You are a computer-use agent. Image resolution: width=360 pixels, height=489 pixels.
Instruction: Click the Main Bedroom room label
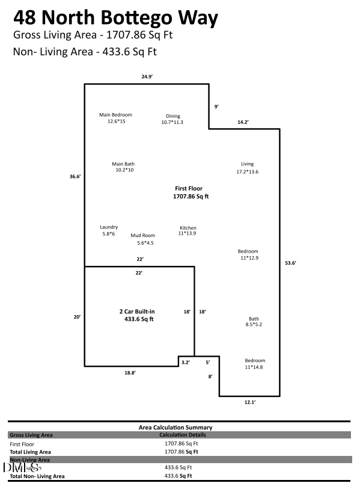click(x=115, y=118)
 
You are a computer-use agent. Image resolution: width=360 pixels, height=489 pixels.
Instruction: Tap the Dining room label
click(x=172, y=119)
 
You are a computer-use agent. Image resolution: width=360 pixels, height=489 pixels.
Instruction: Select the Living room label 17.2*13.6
click(x=247, y=168)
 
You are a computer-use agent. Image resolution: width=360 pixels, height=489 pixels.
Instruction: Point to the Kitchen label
click(x=188, y=230)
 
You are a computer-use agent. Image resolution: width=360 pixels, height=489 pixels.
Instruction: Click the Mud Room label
click(x=143, y=239)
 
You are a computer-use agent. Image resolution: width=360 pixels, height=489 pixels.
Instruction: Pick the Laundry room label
click(x=109, y=230)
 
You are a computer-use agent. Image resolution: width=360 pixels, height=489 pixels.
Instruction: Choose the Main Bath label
click(x=123, y=167)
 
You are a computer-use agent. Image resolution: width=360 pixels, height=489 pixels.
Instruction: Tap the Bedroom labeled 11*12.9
click(x=248, y=254)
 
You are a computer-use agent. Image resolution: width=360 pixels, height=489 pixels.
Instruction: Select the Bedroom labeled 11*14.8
click(x=254, y=364)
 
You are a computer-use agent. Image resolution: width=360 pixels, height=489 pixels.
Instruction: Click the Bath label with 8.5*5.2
click(x=254, y=322)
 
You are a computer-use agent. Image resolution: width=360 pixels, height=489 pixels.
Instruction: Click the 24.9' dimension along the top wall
click(x=148, y=77)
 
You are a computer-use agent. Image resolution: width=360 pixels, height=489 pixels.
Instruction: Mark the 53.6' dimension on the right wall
click(x=290, y=263)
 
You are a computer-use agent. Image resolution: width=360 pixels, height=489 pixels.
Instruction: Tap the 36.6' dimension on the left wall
click(x=75, y=176)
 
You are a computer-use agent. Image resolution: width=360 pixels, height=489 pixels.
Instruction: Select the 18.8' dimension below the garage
click(x=130, y=373)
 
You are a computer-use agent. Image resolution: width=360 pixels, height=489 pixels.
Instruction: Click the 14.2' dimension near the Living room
click(x=243, y=122)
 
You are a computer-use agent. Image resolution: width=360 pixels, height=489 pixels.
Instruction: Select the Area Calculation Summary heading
click(x=175, y=428)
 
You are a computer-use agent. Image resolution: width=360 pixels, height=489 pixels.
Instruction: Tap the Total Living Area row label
click(x=30, y=451)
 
